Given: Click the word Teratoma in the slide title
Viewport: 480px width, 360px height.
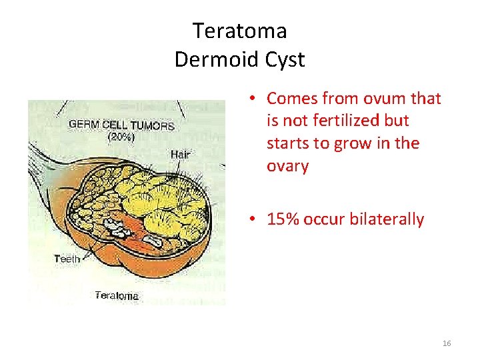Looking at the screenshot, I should (239, 31).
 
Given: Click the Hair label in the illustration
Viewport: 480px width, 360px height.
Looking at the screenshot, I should (180, 155).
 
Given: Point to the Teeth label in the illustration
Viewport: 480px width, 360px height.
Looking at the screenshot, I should (67, 259).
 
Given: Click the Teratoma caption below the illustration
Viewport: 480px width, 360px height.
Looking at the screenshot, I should (117, 295).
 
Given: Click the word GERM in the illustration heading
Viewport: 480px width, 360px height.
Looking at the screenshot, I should (83, 125).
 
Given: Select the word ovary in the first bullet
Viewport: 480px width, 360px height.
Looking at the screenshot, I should (288, 166).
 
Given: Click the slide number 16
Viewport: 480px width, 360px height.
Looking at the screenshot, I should (446, 343).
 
